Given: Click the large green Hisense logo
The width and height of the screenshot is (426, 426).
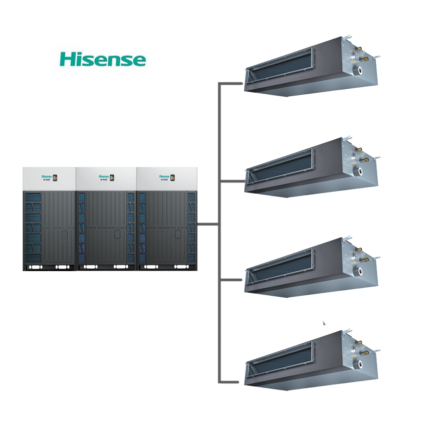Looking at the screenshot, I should point(103,59).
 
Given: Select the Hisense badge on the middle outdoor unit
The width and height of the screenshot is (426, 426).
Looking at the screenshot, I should point(104,177).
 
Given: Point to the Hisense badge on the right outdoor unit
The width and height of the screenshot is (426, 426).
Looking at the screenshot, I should point(164,177).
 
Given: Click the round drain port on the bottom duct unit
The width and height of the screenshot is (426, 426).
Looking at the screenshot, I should point(359,364).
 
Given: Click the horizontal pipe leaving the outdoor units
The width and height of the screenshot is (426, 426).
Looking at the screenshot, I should point(208,224).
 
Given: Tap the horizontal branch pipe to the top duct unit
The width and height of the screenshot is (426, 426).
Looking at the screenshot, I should point(232,83).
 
